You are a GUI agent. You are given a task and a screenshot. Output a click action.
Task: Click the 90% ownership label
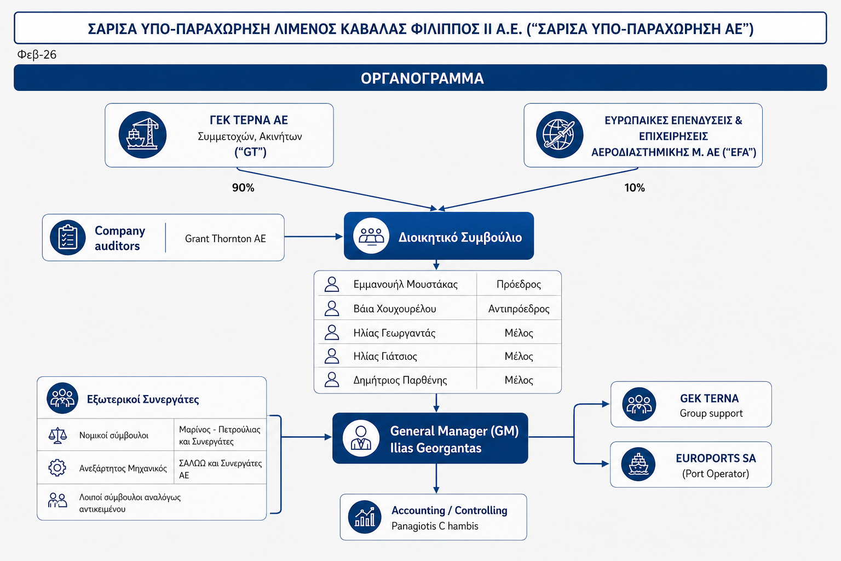(243, 188)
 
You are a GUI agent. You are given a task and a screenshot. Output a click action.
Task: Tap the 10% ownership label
(635, 188)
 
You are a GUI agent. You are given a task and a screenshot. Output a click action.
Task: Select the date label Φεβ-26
(37, 55)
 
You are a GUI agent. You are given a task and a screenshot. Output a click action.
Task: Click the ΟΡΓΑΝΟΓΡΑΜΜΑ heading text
(422, 78)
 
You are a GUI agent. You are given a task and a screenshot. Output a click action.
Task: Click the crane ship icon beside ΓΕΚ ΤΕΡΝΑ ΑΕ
(142, 135)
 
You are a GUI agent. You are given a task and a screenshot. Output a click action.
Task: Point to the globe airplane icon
(559, 135)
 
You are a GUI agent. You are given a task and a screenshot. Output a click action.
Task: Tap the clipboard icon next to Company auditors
(68, 238)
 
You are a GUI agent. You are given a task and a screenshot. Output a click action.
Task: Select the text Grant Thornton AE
(225, 239)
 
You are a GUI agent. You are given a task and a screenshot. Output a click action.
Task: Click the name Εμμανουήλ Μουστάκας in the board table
(405, 284)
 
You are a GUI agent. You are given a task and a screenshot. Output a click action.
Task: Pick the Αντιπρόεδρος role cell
(519, 309)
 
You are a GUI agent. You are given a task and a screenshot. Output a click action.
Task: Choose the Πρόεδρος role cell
(519, 284)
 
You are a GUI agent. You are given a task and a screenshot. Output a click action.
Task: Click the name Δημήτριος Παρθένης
(400, 380)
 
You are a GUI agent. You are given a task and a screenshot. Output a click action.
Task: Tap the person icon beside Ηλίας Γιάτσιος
(332, 356)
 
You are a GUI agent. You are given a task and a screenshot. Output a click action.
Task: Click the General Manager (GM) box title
(454, 431)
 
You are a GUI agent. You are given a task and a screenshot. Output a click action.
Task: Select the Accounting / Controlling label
(449, 511)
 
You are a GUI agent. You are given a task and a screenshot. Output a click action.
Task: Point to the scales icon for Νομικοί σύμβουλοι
(57, 436)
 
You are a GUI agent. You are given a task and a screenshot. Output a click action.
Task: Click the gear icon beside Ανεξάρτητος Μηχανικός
(57, 468)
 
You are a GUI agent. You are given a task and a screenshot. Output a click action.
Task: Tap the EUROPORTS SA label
(716, 459)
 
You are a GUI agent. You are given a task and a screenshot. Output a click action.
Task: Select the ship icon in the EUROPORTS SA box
(638, 465)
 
